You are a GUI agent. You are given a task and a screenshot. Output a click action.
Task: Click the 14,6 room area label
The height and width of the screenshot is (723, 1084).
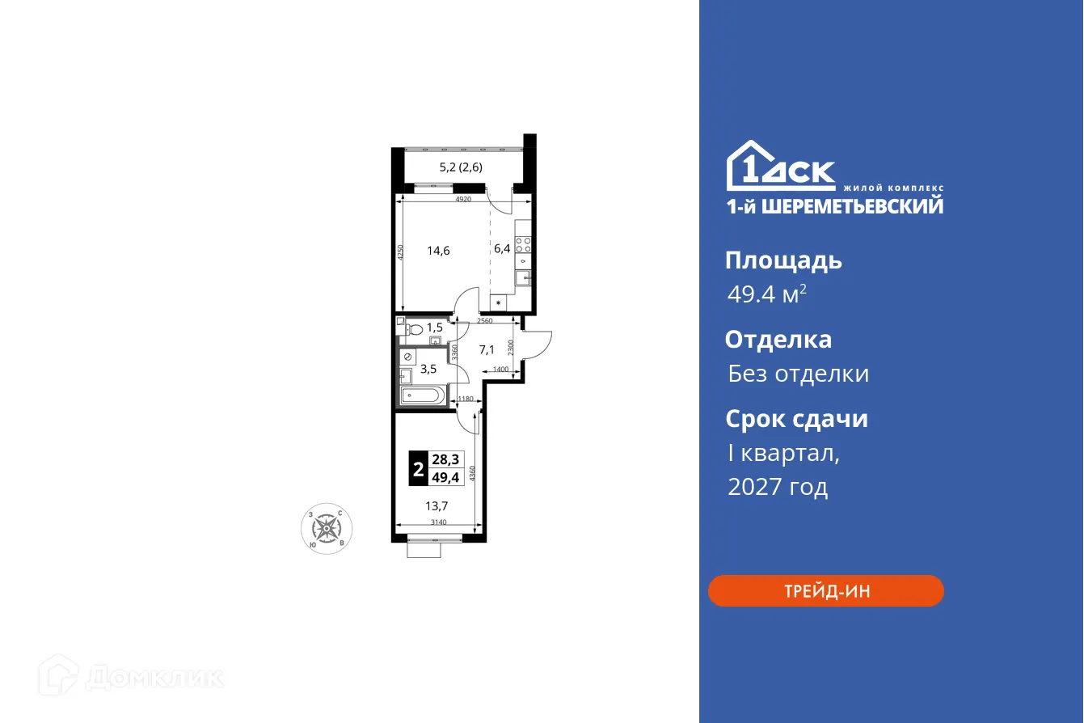coord(438,250)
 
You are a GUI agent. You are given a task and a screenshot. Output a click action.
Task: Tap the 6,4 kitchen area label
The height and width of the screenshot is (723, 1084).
coord(502,248)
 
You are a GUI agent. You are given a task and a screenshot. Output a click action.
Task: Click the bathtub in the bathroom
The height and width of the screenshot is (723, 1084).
coord(423,396)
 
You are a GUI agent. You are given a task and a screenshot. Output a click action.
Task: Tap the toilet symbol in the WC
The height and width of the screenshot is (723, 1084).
coord(414,329)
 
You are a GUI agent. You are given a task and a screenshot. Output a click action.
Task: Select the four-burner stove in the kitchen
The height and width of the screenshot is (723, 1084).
coord(524,244)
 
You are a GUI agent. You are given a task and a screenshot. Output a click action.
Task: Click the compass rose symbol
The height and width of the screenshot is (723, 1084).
coord(327,529)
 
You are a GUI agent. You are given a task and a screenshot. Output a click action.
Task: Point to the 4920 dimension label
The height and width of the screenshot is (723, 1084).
coord(463,199)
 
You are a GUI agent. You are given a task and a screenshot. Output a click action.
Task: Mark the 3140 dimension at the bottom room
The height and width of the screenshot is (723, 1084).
coord(438,522)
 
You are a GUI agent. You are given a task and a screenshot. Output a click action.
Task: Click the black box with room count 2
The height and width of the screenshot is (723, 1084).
coord(418,467)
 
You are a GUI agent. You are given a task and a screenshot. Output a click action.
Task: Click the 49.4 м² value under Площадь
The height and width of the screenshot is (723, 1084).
coord(766,294)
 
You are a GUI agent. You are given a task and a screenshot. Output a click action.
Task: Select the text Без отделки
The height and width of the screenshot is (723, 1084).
coord(798,374)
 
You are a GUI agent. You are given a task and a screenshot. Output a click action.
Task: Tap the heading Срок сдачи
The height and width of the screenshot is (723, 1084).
coord(796,419)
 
